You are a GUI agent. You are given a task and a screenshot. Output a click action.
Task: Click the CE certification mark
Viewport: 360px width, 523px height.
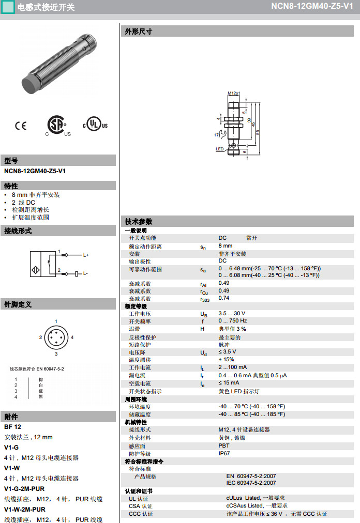pos(20,125)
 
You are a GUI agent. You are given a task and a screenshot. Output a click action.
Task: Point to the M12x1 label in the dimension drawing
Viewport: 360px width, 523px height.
pos(233,93)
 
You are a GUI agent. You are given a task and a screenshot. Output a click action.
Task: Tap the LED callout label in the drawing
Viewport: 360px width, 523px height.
pos(219,149)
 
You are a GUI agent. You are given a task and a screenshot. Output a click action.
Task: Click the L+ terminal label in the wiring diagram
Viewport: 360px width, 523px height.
pos(86,255)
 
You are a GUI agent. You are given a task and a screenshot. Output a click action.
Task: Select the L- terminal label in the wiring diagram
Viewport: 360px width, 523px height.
pos(86,273)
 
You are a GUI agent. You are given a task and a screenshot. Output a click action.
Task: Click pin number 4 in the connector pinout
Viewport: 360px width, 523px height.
pos(72,337)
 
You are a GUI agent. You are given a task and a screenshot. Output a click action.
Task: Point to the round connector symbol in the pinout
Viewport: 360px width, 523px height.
pos(56,337)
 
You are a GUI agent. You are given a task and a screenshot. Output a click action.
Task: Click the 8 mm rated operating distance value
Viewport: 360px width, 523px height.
pos(226,246)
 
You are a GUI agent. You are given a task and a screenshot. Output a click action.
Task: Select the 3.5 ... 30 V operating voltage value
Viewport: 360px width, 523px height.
pos(232,314)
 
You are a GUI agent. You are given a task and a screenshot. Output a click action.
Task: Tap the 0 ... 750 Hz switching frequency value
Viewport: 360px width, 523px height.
pos(232,321)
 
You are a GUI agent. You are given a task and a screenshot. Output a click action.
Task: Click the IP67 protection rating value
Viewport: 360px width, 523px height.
pos(224,453)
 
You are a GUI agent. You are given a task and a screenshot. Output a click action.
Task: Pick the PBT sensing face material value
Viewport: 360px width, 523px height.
pos(223,445)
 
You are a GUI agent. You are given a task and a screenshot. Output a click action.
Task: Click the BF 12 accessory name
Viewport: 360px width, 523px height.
pos(12,427)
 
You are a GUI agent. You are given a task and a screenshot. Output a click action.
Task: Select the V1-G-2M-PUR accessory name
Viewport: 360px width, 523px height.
pos(24,488)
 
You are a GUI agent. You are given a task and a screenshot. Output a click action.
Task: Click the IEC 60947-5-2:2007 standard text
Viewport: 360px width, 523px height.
pos(251,483)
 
